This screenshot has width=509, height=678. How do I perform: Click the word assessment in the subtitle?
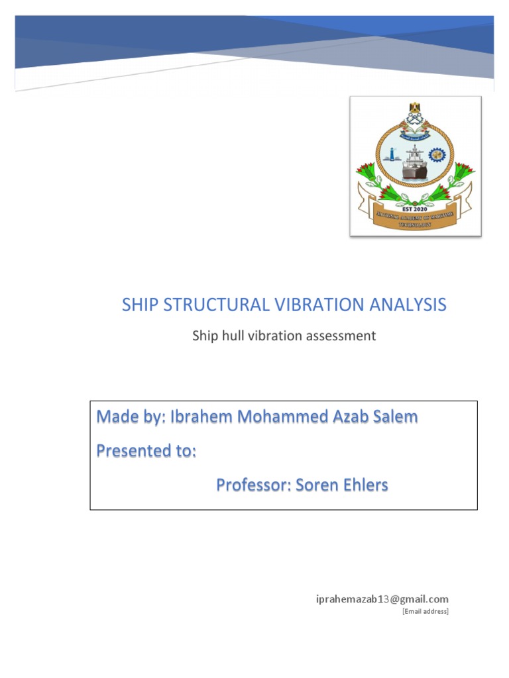click(341, 336)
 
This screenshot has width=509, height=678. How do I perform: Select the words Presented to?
click(146, 451)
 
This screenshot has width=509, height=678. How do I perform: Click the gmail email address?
click(381, 599)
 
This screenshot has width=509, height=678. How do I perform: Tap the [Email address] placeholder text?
click(425, 611)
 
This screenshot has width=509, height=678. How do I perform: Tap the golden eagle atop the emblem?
click(416, 108)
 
